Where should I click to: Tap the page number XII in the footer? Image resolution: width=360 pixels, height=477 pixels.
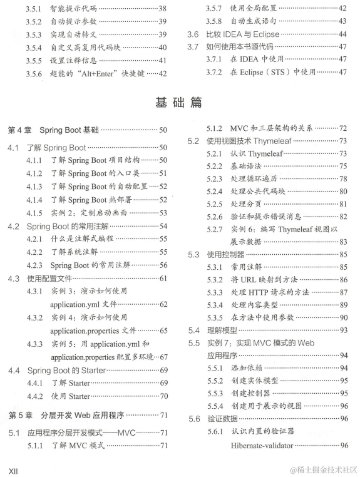coord(14,469)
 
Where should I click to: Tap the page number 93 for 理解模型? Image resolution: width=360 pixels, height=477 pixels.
coord(343,330)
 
